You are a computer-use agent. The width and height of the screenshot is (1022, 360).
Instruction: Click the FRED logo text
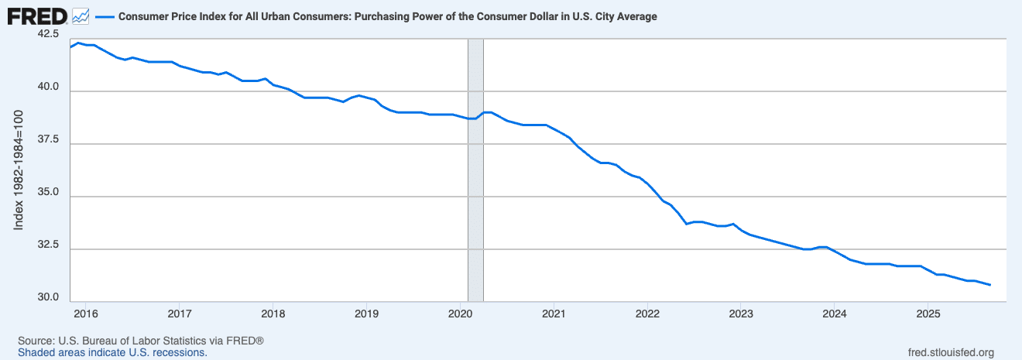coord(36,15)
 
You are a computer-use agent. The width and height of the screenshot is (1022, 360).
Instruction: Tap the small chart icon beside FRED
coord(81,15)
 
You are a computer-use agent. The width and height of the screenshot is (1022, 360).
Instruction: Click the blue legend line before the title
coord(104,16)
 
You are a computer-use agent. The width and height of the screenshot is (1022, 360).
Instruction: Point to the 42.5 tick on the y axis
coord(48,34)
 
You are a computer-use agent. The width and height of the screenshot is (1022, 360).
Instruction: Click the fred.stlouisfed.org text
coord(950,352)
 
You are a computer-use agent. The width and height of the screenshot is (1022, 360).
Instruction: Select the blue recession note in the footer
coord(112,352)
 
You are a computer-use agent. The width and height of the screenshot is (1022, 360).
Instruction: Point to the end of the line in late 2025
coord(989,285)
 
